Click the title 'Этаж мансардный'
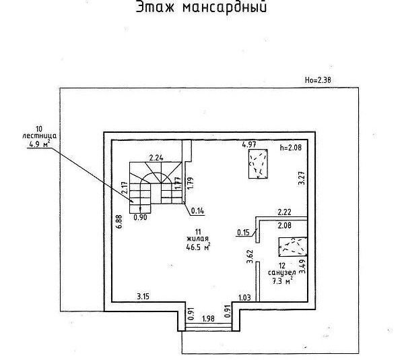click(x=201, y=9)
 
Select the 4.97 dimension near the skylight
click(x=250, y=144)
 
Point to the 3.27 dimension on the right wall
click(x=302, y=179)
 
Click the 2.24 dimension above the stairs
click(x=157, y=157)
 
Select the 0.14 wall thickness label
click(x=197, y=210)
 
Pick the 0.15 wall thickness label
click(x=243, y=233)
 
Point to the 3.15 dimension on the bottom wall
click(x=143, y=296)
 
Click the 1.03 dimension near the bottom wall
click(x=244, y=297)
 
